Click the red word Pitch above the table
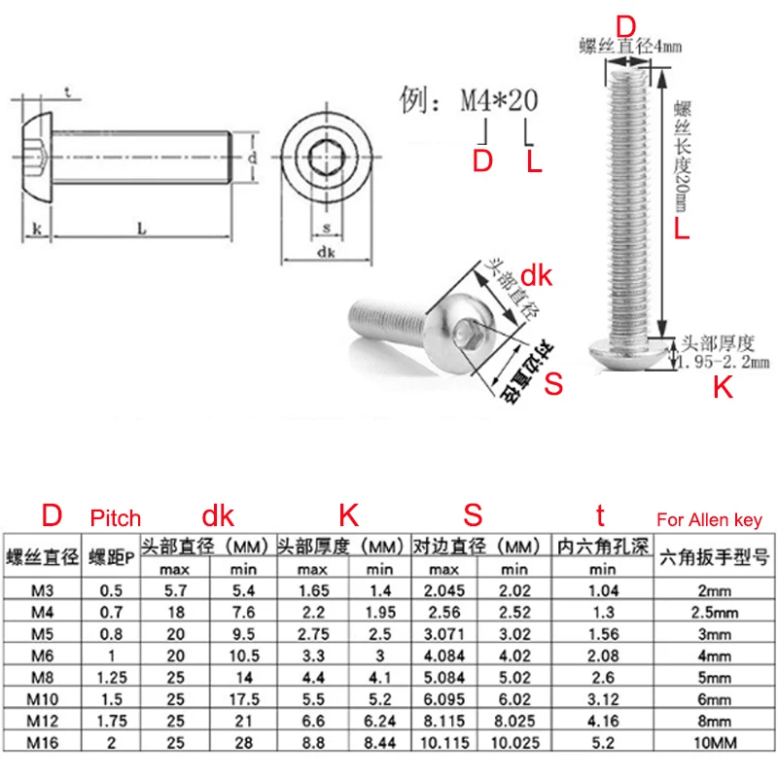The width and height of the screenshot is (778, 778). click(x=115, y=518)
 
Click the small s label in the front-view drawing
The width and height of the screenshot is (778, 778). click(x=326, y=229)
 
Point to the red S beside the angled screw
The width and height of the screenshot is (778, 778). click(x=553, y=383)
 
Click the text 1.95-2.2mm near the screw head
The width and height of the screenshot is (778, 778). click(x=724, y=361)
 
